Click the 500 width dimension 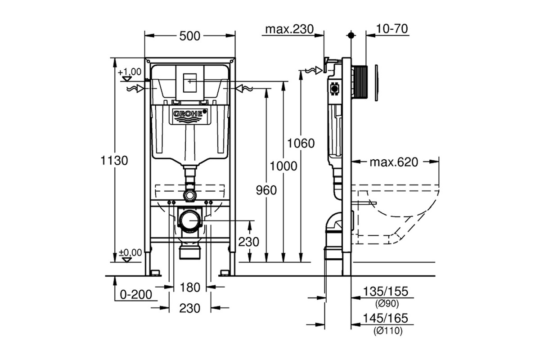[190, 36]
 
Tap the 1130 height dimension [114, 160]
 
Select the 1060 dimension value [301, 144]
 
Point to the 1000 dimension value [283, 166]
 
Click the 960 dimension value [266, 190]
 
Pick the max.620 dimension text [394, 162]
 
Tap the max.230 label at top [289, 29]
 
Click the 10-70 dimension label [392, 28]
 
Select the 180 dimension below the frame [190, 288]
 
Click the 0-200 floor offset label [136, 294]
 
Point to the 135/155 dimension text [386, 291]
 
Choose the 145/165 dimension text [386, 318]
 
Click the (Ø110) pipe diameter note [388, 331]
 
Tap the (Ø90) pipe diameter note [387, 304]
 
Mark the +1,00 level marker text [130, 72]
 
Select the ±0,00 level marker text [130, 253]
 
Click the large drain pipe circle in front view [189, 220]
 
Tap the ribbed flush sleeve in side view [360, 82]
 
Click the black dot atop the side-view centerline [351, 36]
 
